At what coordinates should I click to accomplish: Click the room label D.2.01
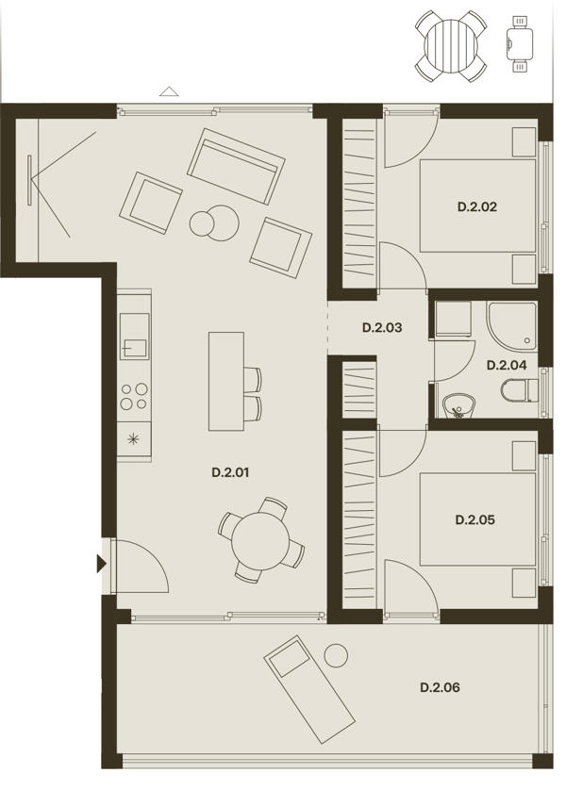pyautogui.click(x=230, y=472)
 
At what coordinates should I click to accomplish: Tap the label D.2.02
pyautogui.click(x=477, y=206)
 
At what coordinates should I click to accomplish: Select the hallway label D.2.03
pyautogui.click(x=382, y=327)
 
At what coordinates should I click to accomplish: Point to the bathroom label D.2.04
pyautogui.click(x=507, y=365)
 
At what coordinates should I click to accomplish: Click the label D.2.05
pyautogui.click(x=474, y=519)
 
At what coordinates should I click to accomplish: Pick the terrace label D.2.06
pyautogui.click(x=440, y=687)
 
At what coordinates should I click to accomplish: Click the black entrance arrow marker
pyautogui.click(x=101, y=564)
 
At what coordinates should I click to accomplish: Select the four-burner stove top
pyautogui.click(x=134, y=396)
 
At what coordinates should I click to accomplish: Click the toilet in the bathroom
pyautogui.click(x=520, y=391)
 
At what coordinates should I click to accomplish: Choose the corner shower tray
pyautogui.click(x=512, y=326)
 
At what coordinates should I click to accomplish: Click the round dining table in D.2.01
pyautogui.click(x=260, y=541)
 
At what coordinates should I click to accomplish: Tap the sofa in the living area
pyautogui.click(x=236, y=166)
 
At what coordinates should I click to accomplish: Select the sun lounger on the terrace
pyautogui.click(x=309, y=689)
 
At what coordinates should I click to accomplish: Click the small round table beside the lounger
pyautogui.click(x=336, y=656)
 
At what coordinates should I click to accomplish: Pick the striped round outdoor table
pyautogui.click(x=451, y=46)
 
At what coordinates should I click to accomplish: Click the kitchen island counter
pyautogui.click(x=226, y=382)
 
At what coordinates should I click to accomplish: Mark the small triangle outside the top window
pyautogui.click(x=170, y=91)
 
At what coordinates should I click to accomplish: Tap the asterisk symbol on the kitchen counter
pyautogui.click(x=133, y=438)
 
